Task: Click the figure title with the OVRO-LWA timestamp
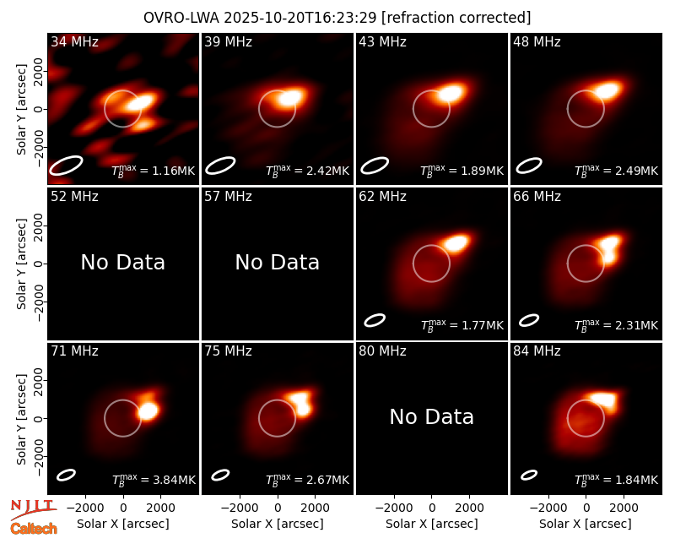337,18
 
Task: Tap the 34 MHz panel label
74,41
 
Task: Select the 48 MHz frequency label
537,41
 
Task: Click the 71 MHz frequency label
74,351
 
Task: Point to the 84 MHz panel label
537,351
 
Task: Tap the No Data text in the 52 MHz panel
122,262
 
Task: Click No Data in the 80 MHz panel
431,416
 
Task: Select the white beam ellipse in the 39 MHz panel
220,166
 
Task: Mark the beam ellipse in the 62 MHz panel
375,320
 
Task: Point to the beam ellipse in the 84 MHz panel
529,475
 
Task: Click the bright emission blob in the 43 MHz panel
450,93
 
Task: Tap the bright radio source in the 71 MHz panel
148,410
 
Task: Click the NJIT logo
33,508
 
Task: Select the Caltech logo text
34,529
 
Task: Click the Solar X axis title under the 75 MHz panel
278,524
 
